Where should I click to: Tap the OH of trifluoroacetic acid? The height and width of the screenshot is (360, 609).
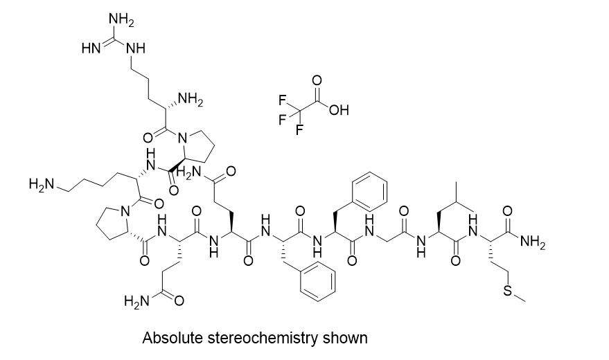click(x=339, y=109)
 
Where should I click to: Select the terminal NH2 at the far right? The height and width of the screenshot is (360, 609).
click(x=531, y=242)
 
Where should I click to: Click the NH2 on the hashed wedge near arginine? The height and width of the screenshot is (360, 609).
click(x=188, y=103)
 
